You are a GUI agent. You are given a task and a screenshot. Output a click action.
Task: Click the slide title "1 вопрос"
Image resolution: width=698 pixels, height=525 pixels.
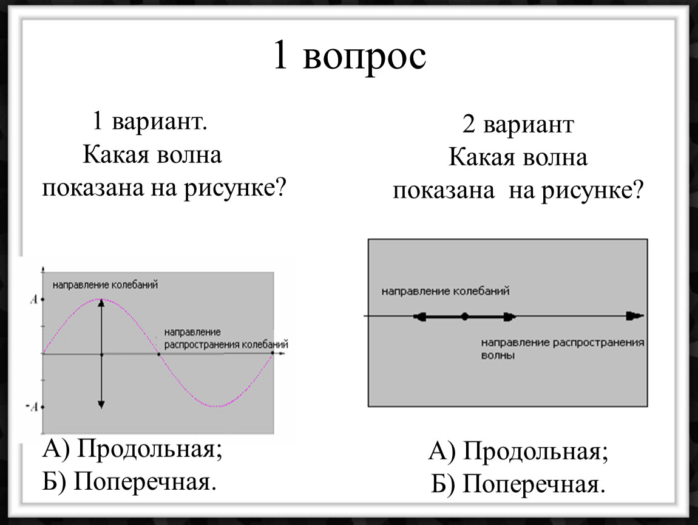pos(350,56)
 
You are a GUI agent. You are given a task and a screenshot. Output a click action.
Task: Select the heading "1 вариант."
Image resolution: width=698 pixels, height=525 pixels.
pos(149,121)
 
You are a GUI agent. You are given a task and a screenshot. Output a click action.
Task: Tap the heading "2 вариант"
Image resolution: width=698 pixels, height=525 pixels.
pos(518,125)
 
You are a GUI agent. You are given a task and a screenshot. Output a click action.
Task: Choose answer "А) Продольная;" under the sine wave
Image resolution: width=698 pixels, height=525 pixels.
pos(132,449)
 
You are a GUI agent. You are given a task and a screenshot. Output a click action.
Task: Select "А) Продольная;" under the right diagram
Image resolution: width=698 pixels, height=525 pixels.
pos(518,451)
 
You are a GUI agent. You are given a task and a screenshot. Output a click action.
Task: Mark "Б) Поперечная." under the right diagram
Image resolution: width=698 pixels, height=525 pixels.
pos(518,485)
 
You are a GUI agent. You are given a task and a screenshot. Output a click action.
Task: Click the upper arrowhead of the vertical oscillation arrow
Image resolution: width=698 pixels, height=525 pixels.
pos(101,303)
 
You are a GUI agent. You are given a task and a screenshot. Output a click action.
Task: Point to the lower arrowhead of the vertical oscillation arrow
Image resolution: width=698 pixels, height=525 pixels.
pos(101,404)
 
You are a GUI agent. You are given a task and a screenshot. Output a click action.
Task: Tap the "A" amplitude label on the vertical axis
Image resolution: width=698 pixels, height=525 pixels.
pos(34,299)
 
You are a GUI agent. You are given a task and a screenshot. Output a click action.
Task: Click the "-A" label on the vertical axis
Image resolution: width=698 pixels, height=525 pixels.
pos(32,407)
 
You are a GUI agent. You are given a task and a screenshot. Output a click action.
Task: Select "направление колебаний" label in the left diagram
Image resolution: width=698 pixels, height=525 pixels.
pos(105,285)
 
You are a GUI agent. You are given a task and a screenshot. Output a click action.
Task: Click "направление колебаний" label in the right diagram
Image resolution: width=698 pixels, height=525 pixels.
pos(445,291)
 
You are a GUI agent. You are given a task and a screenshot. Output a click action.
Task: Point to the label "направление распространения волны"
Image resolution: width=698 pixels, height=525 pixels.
pos(563,349)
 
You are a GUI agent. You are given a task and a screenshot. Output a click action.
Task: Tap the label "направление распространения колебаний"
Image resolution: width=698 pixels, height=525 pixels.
pos(226,338)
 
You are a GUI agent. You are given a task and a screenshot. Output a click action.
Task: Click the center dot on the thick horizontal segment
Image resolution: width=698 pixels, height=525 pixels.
pos(464,317)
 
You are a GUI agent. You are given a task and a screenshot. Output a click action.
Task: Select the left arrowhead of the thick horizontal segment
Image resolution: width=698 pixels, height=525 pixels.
pos(419,317)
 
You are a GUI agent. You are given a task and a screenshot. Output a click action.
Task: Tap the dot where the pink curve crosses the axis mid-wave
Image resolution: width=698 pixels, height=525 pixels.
pos(159,354)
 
